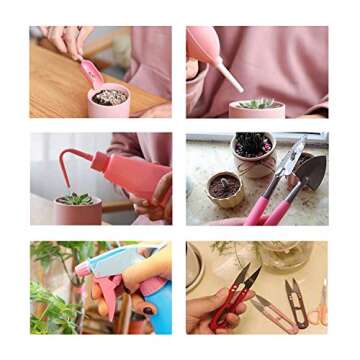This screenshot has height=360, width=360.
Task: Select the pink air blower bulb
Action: [x=203, y=44]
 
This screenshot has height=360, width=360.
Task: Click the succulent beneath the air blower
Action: [x=258, y=103]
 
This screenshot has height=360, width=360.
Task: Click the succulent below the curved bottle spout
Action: [x=77, y=199]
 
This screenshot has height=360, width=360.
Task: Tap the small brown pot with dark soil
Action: [x=225, y=187]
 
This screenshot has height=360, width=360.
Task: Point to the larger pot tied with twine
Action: [x=252, y=152]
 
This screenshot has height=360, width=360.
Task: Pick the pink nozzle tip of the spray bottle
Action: [x=82, y=269]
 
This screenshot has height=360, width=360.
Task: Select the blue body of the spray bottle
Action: [x=157, y=306]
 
